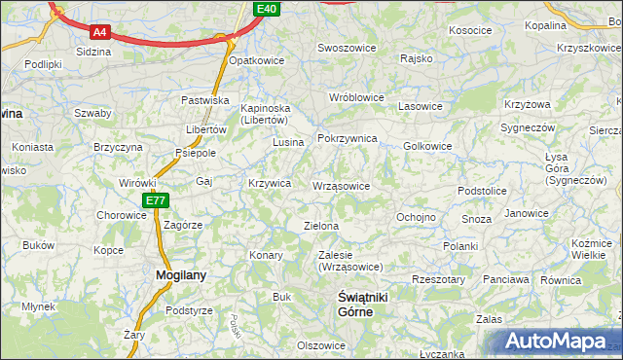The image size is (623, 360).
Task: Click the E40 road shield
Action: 268,9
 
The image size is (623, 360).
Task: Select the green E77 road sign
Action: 156,200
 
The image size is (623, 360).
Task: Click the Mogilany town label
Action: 181,275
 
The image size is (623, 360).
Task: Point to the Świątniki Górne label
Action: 354,304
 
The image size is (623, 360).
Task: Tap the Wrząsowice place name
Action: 341,186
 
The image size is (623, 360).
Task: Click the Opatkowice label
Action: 256,60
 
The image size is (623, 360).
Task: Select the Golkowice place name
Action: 427,146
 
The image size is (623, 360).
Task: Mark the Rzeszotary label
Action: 438,279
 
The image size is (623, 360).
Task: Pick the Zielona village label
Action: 321,226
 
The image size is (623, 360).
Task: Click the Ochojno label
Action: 416,216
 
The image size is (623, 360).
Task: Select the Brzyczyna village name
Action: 118,147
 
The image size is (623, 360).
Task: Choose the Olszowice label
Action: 321,345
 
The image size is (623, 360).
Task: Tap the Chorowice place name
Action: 121,215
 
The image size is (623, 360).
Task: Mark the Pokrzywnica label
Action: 348,139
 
